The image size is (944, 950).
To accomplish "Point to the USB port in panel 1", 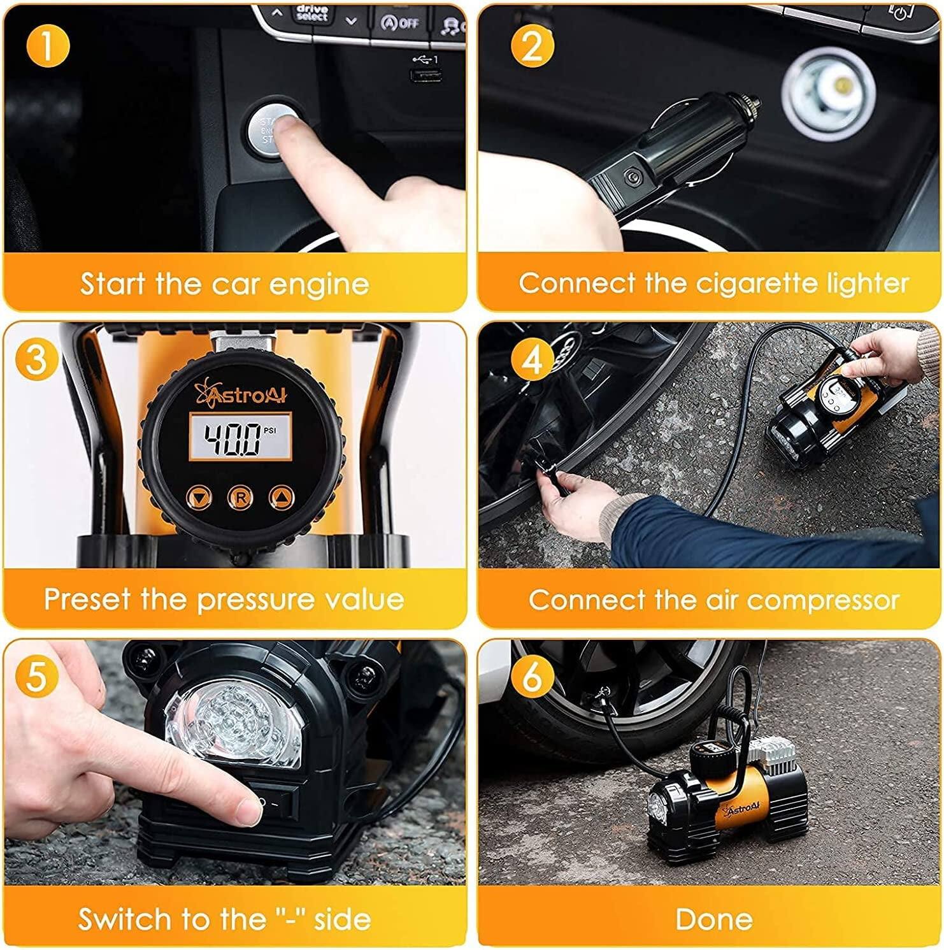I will coord(425,76).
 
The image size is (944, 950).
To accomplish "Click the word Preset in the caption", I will coord(87,600).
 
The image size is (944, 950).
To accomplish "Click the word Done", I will coord(713,919).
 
